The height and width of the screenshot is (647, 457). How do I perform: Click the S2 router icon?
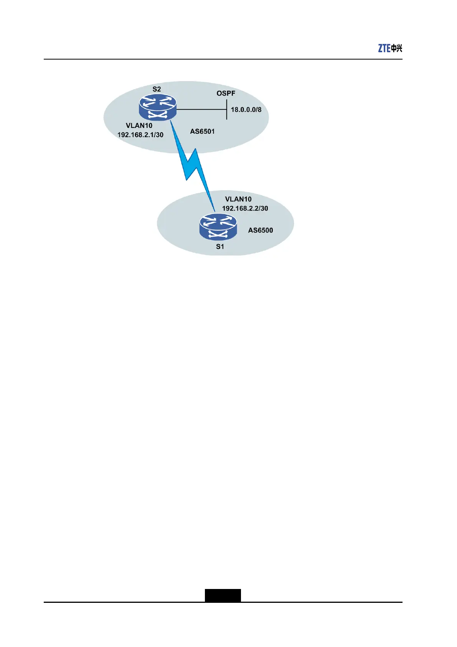[158, 107]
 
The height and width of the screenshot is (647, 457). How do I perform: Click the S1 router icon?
[218, 227]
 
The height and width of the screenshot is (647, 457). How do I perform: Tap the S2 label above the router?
[157, 89]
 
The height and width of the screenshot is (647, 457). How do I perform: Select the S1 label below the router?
[220, 247]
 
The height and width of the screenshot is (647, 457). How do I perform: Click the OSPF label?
[226, 93]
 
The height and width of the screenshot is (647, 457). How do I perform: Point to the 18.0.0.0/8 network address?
[246, 109]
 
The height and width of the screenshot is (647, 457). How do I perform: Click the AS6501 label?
[202, 131]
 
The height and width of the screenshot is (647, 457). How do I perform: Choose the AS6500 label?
[261, 230]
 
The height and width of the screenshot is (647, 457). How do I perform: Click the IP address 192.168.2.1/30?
[140, 135]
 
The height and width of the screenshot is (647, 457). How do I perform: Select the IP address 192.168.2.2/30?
[245, 208]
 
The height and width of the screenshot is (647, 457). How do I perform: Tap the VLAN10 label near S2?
[139, 126]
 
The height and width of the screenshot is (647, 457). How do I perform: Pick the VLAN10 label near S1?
[238, 199]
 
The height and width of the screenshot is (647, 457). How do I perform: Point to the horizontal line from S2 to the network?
[201, 109]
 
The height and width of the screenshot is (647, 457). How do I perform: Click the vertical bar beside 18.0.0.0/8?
[227, 109]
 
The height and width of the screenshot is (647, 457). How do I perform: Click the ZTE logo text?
[384, 48]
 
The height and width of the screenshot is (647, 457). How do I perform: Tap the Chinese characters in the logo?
[397, 48]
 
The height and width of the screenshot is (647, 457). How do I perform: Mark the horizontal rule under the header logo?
[223, 60]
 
